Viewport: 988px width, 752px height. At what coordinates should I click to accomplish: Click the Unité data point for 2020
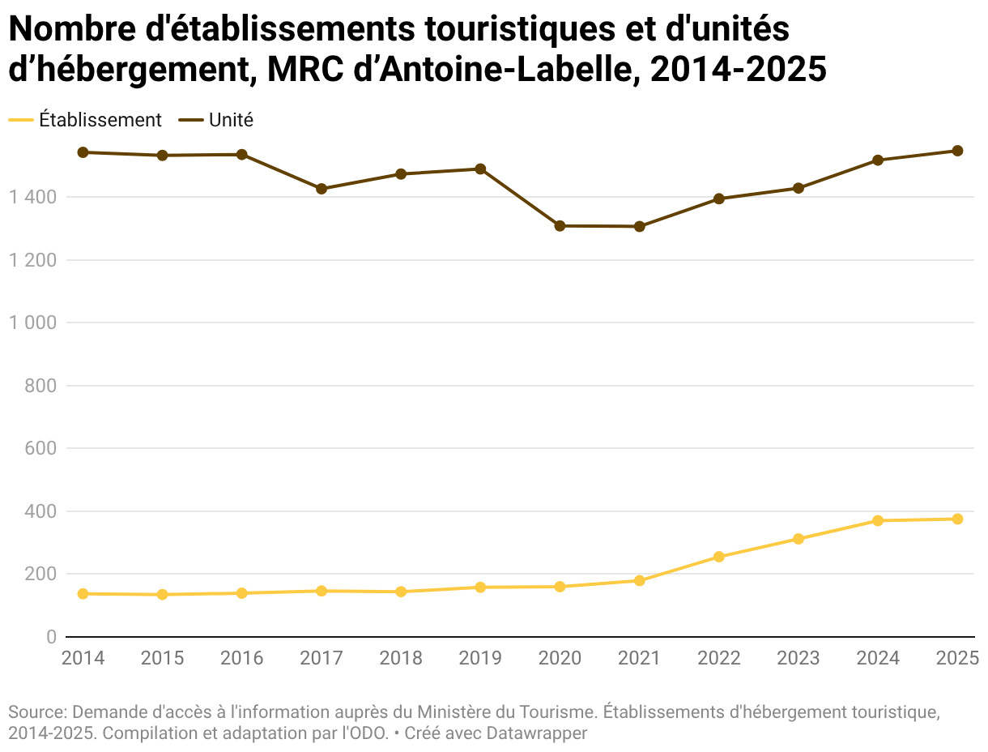point(560,226)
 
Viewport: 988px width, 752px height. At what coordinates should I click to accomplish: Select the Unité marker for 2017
point(322,189)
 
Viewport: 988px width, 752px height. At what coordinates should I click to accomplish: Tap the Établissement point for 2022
point(719,557)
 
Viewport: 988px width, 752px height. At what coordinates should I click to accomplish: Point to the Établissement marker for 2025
point(957,519)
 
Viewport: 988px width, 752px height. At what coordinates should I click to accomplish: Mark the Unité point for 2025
point(957,151)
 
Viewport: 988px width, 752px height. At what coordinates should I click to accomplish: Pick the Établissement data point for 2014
point(83,594)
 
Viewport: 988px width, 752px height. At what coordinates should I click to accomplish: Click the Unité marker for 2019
point(480,169)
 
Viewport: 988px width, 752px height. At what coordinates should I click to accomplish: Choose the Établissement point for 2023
point(798,539)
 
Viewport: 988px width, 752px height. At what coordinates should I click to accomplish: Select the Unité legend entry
point(231,120)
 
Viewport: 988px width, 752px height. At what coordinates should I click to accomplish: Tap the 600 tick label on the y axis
point(40,448)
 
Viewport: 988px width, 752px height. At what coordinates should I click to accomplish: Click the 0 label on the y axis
point(51,638)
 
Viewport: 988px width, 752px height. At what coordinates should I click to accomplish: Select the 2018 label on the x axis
point(401,658)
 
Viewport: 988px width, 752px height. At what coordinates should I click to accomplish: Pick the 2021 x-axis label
point(640,658)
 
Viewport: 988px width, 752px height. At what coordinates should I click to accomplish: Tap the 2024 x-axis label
point(878,658)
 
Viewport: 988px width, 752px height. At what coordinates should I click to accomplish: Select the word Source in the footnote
point(36,712)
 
